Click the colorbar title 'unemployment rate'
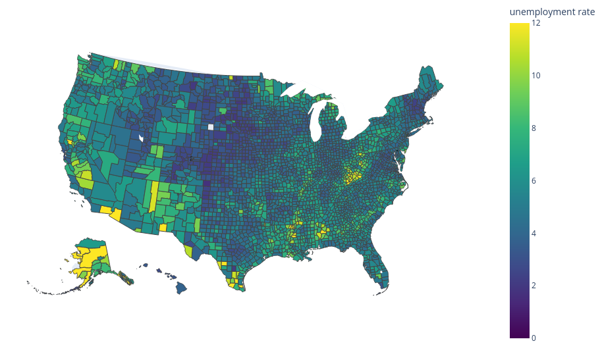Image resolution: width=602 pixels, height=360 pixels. (552, 12)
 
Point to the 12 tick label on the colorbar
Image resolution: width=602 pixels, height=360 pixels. (536, 23)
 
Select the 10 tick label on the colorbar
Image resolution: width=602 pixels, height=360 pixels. (536, 76)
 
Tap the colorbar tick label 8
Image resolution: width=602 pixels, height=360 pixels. (536, 128)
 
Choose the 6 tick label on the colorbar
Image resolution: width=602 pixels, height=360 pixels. (536, 180)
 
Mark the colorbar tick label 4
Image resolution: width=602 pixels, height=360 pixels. (536, 233)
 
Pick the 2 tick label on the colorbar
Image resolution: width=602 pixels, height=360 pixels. (536, 286)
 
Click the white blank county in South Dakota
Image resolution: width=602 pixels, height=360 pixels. (211, 128)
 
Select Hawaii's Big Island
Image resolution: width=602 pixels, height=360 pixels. (180, 288)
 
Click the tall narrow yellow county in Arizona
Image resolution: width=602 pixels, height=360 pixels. (153, 196)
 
